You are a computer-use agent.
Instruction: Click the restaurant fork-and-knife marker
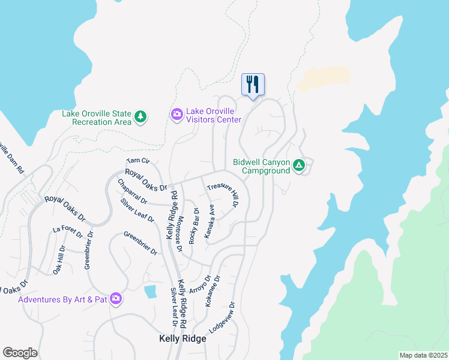point(253,85)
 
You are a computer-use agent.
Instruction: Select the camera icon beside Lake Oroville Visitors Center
point(177,114)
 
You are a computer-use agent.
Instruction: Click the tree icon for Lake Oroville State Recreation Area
point(140,116)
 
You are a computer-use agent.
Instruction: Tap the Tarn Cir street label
point(137,161)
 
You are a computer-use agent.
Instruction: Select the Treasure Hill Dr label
point(223,195)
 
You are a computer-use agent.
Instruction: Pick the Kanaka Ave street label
point(209,221)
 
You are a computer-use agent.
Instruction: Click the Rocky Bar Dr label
point(194,226)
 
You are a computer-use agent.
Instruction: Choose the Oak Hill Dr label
point(59,260)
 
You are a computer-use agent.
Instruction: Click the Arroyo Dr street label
point(200,284)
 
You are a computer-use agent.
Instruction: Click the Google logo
point(20,353)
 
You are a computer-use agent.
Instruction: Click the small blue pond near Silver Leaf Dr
point(151,292)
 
